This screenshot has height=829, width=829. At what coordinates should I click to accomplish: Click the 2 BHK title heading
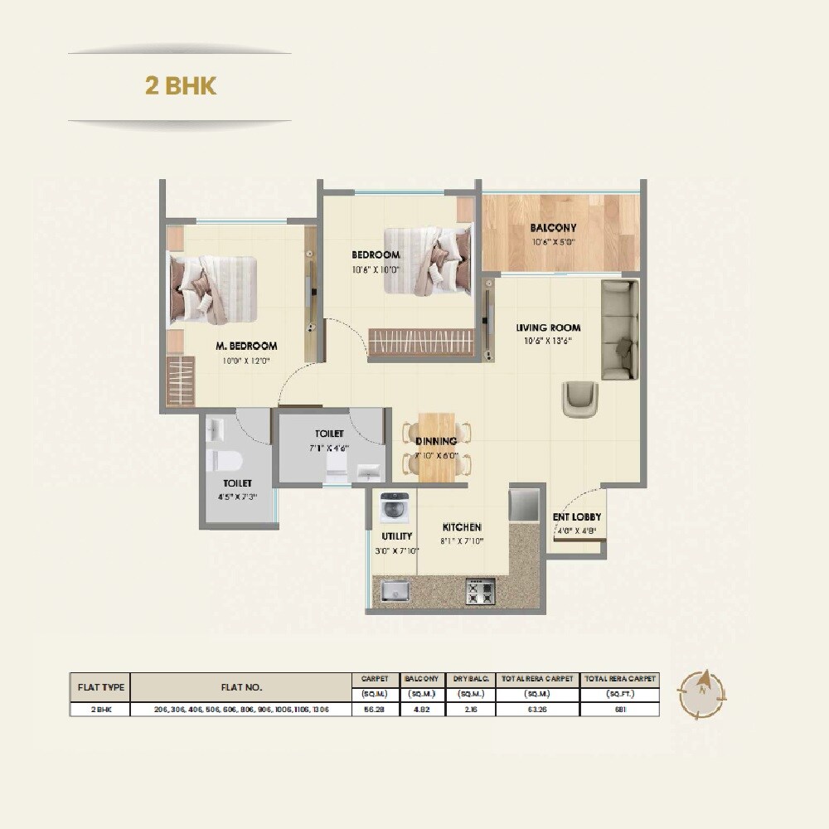click(x=181, y=86)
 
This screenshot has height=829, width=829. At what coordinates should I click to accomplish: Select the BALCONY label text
click(x=553, y=228)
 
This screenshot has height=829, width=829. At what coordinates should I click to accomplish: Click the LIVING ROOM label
click(x=548, y=327)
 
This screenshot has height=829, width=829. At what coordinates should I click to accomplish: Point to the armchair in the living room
click(x=579, y=398)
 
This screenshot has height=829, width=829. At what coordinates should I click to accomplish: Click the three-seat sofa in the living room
click(x=619, y=329)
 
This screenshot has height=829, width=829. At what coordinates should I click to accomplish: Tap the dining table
click(x=436, y=448)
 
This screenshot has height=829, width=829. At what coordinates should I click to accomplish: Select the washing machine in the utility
click(x=394, y=507)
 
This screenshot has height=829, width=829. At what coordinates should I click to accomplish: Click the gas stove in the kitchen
click(x=480, y=591)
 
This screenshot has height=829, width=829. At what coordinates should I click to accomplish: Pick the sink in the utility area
click(x=395, y=590)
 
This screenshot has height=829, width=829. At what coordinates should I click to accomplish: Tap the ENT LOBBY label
click(x=577, y=517)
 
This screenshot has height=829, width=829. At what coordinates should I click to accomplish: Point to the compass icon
click(x=701, y=694)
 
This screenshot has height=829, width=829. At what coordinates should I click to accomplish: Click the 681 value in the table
click(x=619, y=710)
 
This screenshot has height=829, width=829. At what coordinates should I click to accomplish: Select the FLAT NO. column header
click(x=241, y=687)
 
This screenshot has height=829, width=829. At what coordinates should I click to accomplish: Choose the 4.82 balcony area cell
click(x=421, y=710)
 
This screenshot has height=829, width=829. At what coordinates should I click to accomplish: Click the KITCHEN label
click(x=462, y=527)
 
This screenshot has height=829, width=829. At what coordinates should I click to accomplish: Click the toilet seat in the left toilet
click(x=224, y=459)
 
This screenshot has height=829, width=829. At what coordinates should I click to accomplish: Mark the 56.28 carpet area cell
click(x=375, y=710)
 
